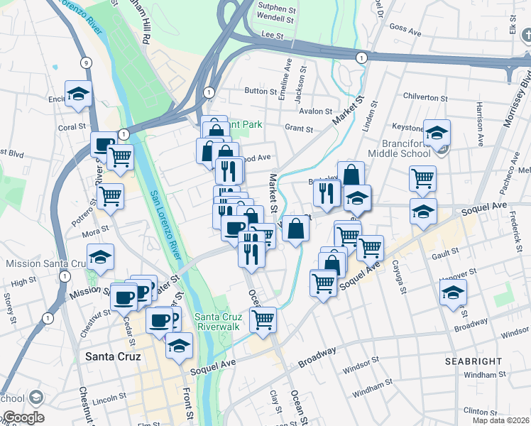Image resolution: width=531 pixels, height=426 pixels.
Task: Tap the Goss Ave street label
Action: pyautogui.click(x=406, y=28)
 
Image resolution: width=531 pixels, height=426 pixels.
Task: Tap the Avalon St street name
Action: pyautogui.click(x=315, y=111)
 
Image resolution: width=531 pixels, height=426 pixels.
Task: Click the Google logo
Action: pyautogui.click(x=23, y=417)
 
